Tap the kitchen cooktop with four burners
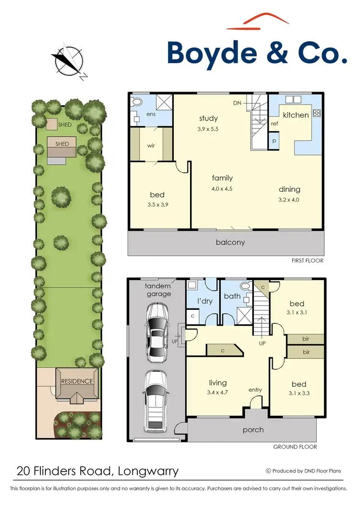[317, 114]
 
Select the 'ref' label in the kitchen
[275, 124]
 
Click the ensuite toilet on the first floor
[137, 102]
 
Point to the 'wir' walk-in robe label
[151, 145]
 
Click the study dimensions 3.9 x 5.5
[208, 129]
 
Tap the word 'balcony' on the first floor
[230, 242]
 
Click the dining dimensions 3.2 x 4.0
[288, 200]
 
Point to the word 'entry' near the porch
[255, 390]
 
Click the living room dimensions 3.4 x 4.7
[218, 392]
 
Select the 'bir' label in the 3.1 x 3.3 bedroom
[306, 352]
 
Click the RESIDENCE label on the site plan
[77, 381]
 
